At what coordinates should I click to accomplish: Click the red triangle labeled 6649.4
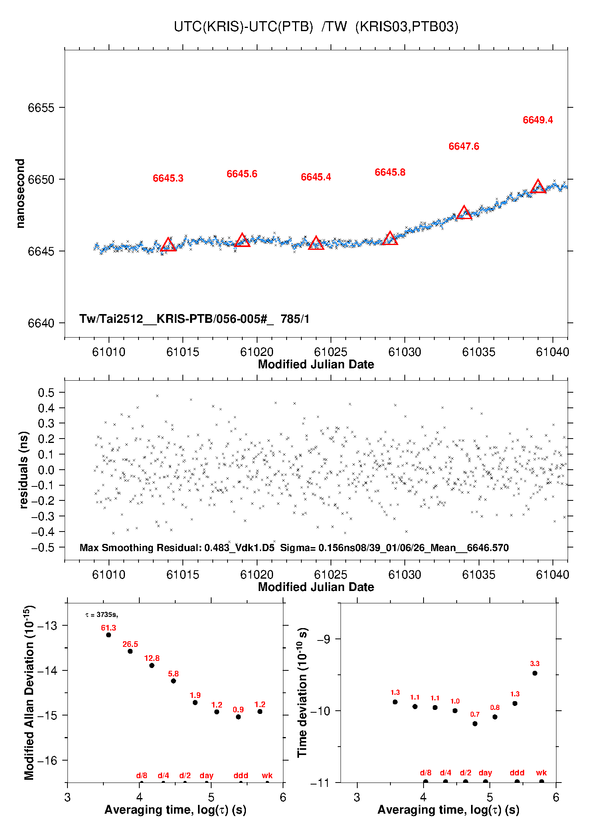pyautogui.click(x=538, y=187)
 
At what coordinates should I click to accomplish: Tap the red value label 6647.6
pyautogui.click(x=463, y=146)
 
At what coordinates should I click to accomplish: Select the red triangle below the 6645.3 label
pyautogui.click(x=168, y=245)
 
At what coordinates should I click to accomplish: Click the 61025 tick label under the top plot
pyautogui.click(x=331, y=352)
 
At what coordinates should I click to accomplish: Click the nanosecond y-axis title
pyautogui.click(x=20, y=194)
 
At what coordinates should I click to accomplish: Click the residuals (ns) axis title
pyautogui.click(x=24, y=470)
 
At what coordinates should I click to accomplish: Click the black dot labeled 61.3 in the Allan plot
pyautogui.click(x=109, y=635)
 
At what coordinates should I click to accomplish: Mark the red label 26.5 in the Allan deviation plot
pyautogui.click(x=130, y=644)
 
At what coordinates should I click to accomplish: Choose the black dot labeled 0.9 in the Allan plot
pyautogui.click(x=238, y=717)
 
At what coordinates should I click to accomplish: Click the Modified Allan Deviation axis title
pyautogui.click(x=29, y=693)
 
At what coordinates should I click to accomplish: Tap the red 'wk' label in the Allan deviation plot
pyautogui.click(x=267, y=775)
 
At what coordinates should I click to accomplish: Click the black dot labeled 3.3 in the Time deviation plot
pyautogui.click(x=535, y=673)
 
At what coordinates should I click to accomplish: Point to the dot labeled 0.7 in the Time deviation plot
pyautogui.click(x=475, y=723)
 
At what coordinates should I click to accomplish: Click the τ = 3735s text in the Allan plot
pyautogui.click(x=102, y=615)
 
